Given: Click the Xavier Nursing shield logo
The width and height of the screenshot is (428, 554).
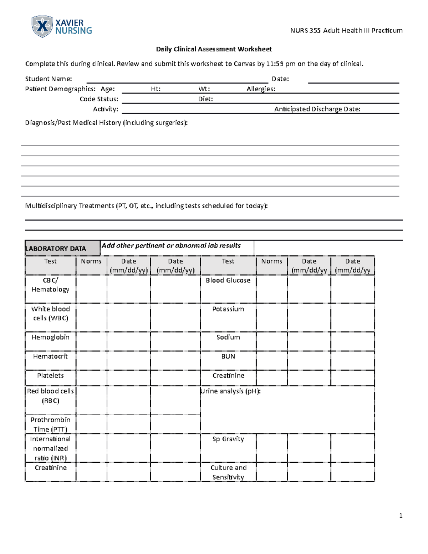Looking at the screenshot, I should pos(42,26).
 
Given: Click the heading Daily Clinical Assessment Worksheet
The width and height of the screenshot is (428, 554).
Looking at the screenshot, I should pos(214,49).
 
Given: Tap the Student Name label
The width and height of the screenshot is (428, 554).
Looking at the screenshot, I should pos(49,79).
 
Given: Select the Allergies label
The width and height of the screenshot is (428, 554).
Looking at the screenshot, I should pos(261,89).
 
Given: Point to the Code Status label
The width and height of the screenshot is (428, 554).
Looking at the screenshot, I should pos(99,99).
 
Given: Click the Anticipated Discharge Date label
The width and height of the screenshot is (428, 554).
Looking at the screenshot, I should pos(317,109).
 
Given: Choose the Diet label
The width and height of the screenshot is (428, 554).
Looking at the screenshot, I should pos(205,99).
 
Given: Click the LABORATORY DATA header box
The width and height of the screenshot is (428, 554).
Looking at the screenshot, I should pos(62,248).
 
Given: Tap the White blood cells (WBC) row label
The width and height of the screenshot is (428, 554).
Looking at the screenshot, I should pos(50,313).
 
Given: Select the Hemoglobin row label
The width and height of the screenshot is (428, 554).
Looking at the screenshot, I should pos(50,337).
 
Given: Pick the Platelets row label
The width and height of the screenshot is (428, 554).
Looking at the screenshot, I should pos(50,375).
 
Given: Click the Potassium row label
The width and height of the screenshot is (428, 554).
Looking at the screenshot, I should pos(228,309).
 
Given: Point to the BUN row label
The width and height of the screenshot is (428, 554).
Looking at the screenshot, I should pos(228,356).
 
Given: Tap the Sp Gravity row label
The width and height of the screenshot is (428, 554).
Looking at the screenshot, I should pos(228,439).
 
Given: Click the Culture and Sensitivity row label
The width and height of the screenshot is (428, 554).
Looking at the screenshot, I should pos(228,472).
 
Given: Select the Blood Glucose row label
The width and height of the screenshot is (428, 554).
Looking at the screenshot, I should pos(228,280).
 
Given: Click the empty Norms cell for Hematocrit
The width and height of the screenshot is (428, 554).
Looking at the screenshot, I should pos(91,360).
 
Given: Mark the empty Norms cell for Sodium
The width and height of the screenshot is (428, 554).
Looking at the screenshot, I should pos(272,341).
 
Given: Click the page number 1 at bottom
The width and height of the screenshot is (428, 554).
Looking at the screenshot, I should pos(401,515).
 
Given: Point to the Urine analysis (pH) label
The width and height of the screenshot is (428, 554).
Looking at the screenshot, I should pos(231,391).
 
